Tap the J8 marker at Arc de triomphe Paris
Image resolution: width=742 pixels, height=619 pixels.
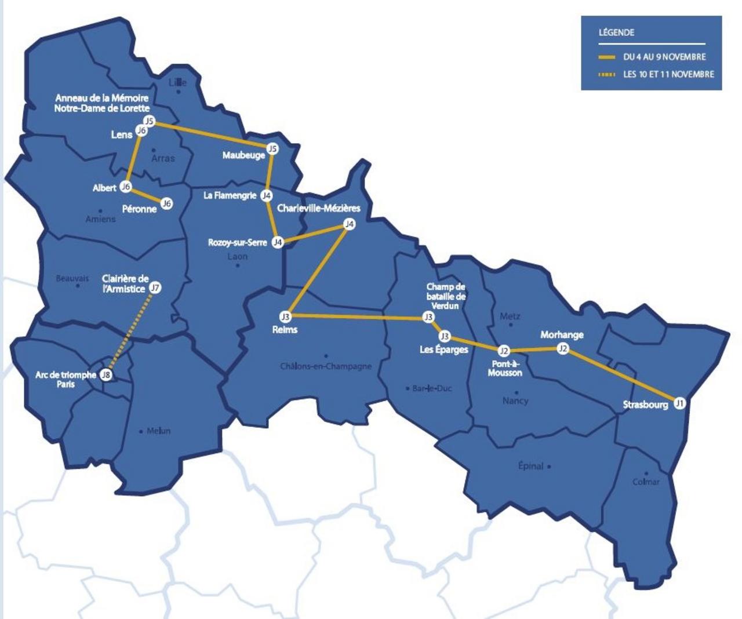pyautogui.click(x=106, y=375)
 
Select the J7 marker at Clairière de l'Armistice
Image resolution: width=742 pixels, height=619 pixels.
pyautogui.click(x=155, y=287)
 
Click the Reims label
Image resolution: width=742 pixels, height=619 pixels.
pyautogui.click(x=285, y=330)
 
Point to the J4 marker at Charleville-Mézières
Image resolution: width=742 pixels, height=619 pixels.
pyautogui.click(x=348, y=224)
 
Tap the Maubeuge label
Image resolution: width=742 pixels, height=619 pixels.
pyautogui.click(x=243, y=155)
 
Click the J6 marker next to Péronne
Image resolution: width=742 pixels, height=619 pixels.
pyautogui.click(x=166, y=203)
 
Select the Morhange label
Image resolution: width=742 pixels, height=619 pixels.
pyautogui.click(x=562, y=335)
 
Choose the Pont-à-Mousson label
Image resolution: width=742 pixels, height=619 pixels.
pyautogui.click(x=504, y=368)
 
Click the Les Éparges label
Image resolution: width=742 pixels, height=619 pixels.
pyautogui.click(x=443, y=349)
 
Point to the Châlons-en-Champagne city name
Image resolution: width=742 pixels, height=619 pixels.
pyautogui.click(x=326, y=366)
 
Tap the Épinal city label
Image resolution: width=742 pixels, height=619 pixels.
pyautogui.click(x=530, y=466)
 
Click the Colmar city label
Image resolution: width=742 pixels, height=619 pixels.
pyautogui.click(x=646, y=482)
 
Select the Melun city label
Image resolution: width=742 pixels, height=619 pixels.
pyautogui.click(x=158, y=431)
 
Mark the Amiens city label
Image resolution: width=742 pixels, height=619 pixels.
pyautogui.click(x=100, y=219)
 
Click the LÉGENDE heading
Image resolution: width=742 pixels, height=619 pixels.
pyautogui.click(x=616, y=32)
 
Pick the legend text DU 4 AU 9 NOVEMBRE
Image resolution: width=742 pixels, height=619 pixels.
pyautogui.click(x=664, y=57)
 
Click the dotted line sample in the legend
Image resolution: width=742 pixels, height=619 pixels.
pyautogui.click(x=607, y=74)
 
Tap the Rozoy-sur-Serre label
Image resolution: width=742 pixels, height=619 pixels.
pyautogui.click(x=237, y=242)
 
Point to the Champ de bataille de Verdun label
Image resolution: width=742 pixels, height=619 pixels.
pyautogui.click(x=446, y=296)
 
